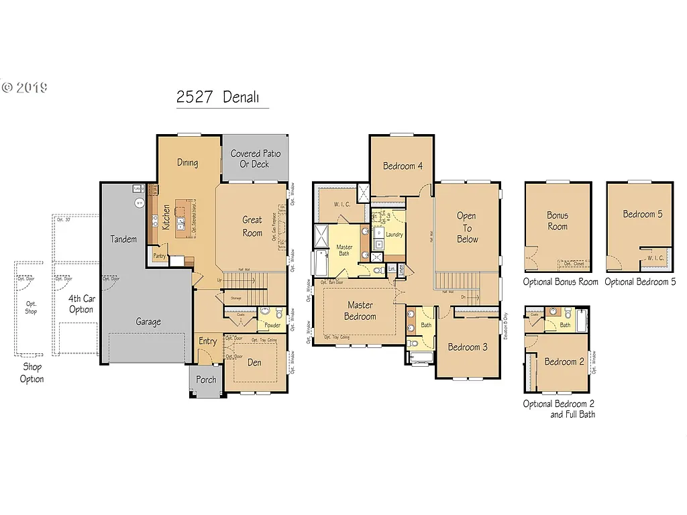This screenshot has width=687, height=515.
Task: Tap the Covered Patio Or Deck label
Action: point(256,158)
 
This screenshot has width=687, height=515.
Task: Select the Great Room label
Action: point(252,226)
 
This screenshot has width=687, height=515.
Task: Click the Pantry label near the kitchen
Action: point(160,255)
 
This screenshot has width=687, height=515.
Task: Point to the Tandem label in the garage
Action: point(123,239)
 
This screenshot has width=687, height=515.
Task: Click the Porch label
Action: point(206,380)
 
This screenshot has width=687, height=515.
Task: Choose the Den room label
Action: point(254,363)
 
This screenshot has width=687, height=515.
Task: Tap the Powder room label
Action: point(272,325)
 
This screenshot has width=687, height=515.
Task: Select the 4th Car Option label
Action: point(81,304)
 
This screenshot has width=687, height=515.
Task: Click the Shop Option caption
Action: point(32,373)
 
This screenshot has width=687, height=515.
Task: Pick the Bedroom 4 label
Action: point(403,166)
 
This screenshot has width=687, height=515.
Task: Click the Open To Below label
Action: point(468,227)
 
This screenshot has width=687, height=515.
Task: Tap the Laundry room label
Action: point(394,235)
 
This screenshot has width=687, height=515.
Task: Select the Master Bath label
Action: point(344,250)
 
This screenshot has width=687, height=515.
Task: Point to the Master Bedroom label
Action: point(360,310)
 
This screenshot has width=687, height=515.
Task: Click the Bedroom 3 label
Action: point(468,347)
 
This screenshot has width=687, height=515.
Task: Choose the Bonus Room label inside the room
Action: point(557,221)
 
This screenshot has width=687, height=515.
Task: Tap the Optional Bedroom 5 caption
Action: point(640,282)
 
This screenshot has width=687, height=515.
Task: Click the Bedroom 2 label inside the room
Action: point(564,361)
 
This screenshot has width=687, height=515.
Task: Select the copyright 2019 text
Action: point(24,87)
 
